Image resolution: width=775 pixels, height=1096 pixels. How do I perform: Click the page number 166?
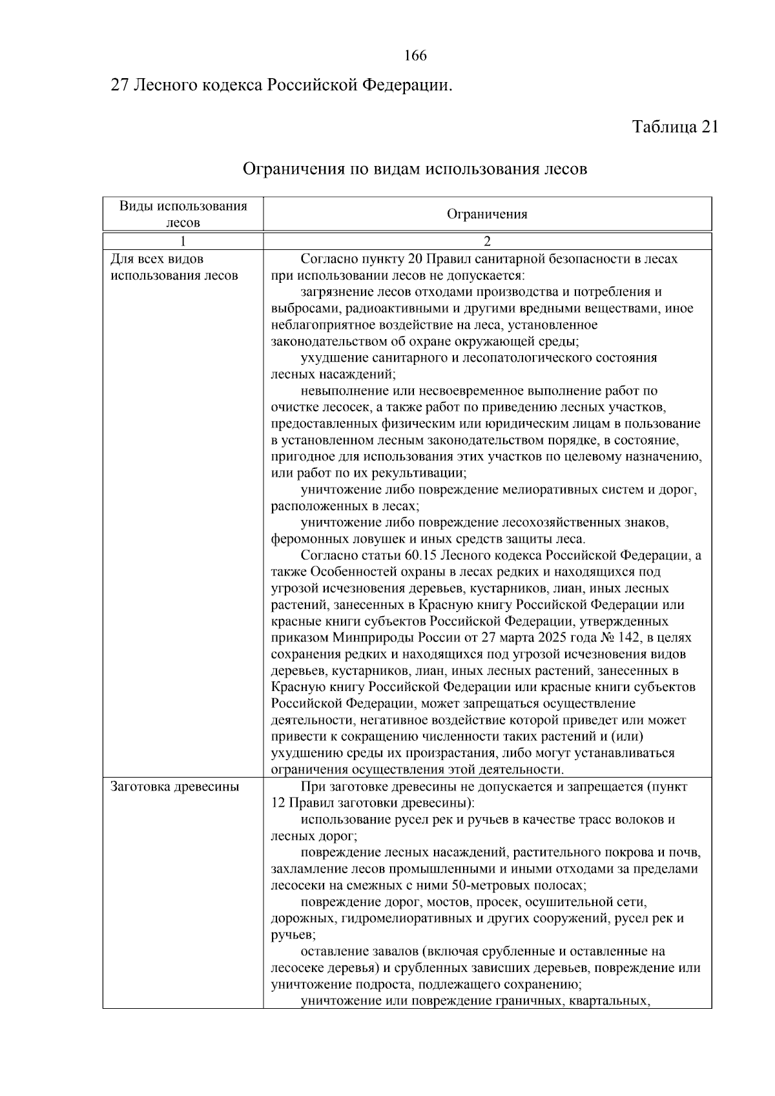[415, 56]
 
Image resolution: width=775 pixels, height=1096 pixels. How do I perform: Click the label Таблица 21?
[674, 127]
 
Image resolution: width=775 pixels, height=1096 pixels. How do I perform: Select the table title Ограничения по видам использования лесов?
[415, 170]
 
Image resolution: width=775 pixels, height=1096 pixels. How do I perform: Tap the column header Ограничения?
[487, 214]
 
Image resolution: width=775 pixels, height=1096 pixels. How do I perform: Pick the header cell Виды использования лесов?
[183, 214]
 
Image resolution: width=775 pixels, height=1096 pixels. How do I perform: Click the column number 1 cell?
[183, 242]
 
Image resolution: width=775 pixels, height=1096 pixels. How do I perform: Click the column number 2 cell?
[487, 242]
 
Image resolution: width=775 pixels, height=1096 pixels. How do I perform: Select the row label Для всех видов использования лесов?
[174, 267]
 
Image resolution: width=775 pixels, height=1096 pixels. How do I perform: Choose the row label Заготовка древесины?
[175, 787]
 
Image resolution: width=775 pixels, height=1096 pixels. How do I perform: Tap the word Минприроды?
[366, 637]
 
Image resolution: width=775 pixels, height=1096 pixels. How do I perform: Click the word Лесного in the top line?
[163, 85]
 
